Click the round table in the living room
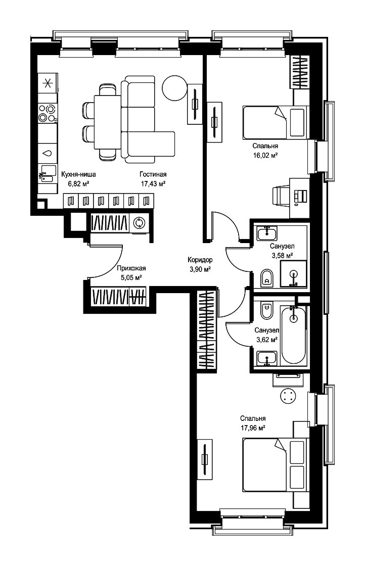point(175,88)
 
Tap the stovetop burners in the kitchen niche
point(48,113)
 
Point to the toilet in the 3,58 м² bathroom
point(267,278)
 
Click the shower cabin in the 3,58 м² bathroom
point(294,274)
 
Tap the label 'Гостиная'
point(153,174)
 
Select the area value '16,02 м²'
point(265,156)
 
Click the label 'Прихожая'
point(131,268)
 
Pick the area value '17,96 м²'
point(253,428)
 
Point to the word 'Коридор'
point(200,260)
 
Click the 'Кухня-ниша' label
point(79,174)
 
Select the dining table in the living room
point(107,122)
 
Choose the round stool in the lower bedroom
point(288,396)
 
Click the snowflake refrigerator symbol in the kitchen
point(48,84)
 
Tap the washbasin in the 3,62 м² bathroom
point(267,358)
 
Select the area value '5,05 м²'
point(131,277)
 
